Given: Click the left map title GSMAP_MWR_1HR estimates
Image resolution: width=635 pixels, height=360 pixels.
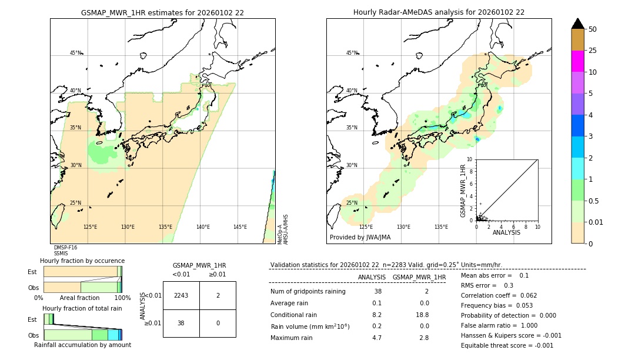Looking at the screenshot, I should click(x=162, y=12).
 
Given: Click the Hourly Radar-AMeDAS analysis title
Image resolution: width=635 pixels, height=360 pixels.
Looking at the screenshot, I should click(x=439, y=12).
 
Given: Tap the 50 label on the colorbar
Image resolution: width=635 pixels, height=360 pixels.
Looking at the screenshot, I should click(x=593, y=29).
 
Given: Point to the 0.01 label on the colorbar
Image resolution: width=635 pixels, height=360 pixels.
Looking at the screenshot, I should click(x=596, y=222).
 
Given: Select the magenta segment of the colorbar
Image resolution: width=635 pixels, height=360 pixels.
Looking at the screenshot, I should click(x=577, y=61).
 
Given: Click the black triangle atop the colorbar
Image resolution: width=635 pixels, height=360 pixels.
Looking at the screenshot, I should click(x=577, y=24).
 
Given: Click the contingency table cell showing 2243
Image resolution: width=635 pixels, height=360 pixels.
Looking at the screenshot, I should click(x=181, y=295).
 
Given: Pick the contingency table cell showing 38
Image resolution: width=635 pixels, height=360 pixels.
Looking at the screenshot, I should click(x=181, y=323).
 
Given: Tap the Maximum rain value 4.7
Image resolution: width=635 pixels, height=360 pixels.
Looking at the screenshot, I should click(x=376, y=338).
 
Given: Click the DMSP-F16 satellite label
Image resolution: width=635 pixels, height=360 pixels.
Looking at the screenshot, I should click(x=65, y=248).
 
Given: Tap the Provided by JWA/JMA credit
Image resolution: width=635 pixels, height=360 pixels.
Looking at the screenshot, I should click(x=360, y=237).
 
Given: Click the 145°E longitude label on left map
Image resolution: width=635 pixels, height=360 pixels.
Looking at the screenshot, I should click(x=240, y=227).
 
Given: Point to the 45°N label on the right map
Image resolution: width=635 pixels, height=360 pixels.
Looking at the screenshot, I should click(x=352, y=53).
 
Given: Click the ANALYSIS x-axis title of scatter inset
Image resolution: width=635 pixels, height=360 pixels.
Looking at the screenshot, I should click(x=506, y=232).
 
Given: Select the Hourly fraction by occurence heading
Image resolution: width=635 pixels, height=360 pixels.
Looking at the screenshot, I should click(x=82, y=261).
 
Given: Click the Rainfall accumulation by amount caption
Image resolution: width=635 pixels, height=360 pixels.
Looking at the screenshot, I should click(x=82, y=345).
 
